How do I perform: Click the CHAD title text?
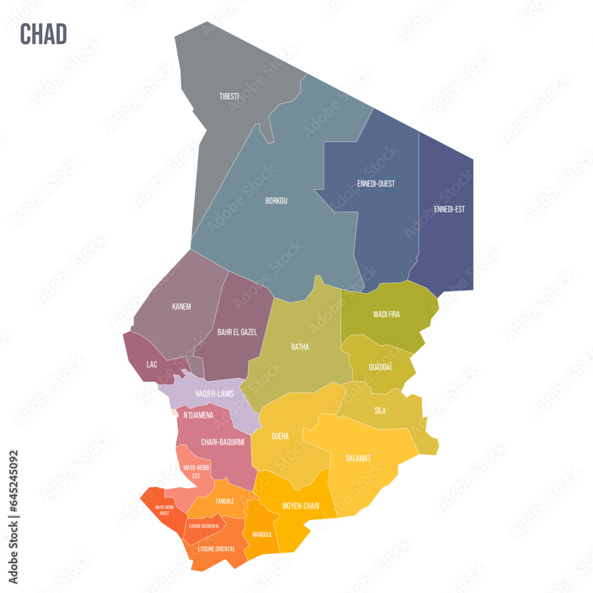pos(43,34)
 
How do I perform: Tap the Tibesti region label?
pos(229,96)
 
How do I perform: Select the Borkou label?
pos(276,201)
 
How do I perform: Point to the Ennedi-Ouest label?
pos(376,184)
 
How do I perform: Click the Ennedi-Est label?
pos(449,209)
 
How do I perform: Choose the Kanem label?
pos(181,307)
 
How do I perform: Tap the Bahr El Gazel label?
pos(237,332)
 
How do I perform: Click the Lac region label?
pos(152,364)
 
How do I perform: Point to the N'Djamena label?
pos(198,415)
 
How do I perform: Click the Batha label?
pos(299,347)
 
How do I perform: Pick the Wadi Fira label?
pos(386,314)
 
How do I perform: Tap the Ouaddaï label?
pos(381,367)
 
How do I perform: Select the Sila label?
pos(380,410)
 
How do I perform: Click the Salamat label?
pos(358,458)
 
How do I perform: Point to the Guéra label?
pos(280,436)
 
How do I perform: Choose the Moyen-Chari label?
pos(301,506)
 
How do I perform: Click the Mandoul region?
pos(262,534)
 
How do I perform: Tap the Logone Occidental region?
pos(204,526)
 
